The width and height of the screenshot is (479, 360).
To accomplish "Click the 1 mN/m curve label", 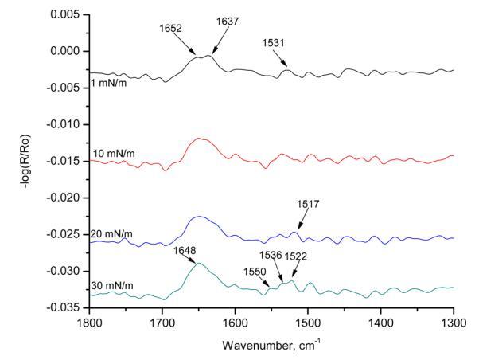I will coord(110,82).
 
